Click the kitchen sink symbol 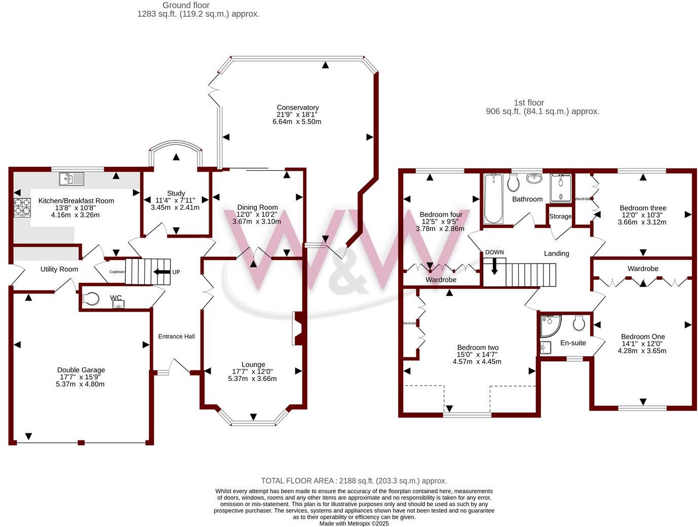coord(71,178)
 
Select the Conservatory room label coord(297,107)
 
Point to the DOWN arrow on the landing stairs coord(494,266)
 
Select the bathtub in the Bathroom coord(493,199)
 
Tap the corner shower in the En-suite coord(549,326)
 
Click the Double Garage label coord(81,370)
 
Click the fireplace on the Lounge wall coord(298,329)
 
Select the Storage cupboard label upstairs coord(560,216)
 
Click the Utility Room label coord(59,269)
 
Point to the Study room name coord(176,193)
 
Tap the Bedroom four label coord(441,214)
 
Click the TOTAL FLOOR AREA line coord(354,481)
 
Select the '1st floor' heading coord(528,103)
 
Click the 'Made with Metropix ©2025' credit coord(354,523)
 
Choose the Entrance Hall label coord(176,336)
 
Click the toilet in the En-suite coord(579,322)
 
